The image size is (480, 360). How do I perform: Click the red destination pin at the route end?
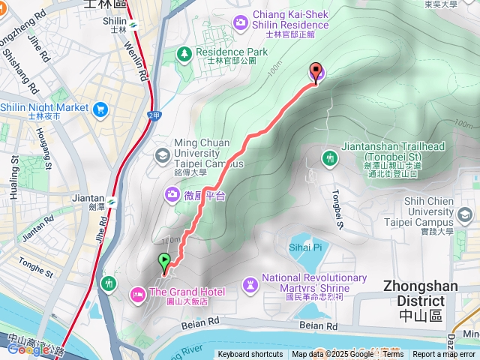click(x=316, y=72)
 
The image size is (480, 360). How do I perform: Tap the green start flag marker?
click(x=164, y=262)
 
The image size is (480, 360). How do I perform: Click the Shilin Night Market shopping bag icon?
click(x=101, y=108)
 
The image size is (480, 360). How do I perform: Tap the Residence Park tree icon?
click(x=184, y=52)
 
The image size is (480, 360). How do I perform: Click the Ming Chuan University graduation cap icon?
click(x=160, y=155)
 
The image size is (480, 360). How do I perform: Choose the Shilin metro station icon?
click(x=133, y=23)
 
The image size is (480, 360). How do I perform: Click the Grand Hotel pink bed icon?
click(x=138, y=292)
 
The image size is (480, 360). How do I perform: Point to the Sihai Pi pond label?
click(x=305, y=246)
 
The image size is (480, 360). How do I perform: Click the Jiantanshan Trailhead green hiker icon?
click(x=329, y=157)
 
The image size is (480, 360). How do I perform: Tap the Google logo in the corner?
click(x=28, y=349)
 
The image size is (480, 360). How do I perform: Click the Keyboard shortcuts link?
click(x=250, y=355)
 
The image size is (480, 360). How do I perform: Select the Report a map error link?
click(x=445, y=355)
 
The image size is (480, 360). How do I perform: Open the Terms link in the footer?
click(x=393, y=355)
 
